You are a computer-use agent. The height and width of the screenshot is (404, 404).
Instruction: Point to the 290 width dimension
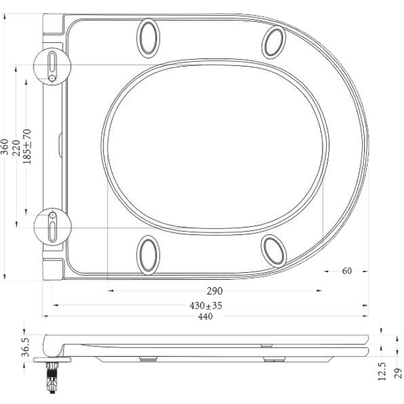point(215,291)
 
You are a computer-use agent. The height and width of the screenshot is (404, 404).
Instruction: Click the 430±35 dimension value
point(206,306)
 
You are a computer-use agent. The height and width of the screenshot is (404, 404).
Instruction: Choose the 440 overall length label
point(205,317)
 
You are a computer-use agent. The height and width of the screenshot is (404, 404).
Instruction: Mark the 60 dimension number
point(346,271)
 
